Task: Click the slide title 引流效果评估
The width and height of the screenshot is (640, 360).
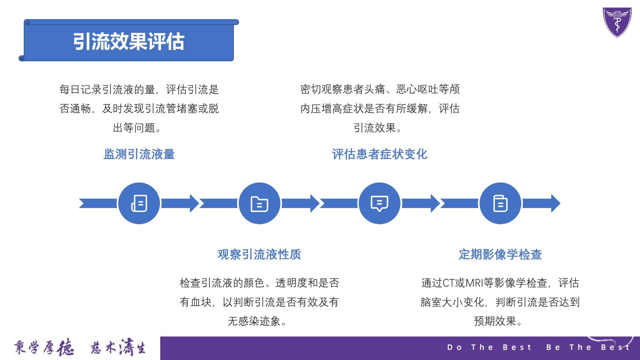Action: tap(129, 42)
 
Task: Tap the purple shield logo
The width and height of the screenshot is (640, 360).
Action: tap(617, 22)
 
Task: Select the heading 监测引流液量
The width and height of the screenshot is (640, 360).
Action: tap(139, 154)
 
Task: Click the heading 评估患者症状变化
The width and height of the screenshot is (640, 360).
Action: tap(380, 154)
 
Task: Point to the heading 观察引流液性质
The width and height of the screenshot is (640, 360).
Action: tap(259, 254)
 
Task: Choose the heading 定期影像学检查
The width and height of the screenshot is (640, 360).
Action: tap(500, 254)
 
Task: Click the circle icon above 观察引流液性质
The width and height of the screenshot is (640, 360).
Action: tap(259, 203)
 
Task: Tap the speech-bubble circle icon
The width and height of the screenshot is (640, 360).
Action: tap(380, 203)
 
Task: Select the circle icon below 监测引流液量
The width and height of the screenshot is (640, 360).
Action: tap(139, 203)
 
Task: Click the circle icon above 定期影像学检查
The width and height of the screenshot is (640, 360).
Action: tap(500, 203)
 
